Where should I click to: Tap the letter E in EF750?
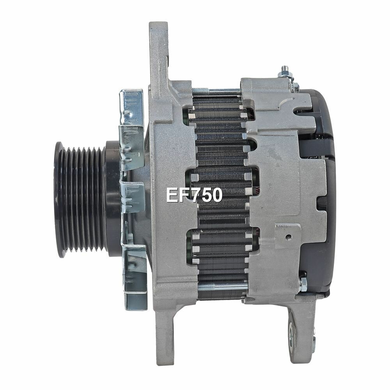tap(172, 195)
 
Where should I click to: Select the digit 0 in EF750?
tap(216, 195)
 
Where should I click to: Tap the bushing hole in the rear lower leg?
tap(292, 335)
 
